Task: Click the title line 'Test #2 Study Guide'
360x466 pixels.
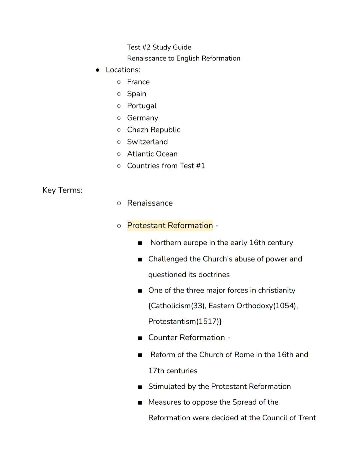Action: [159, 47]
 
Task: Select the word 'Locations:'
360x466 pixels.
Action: [123, 70]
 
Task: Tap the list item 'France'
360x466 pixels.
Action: [138, 82]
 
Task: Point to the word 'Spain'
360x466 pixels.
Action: [137, 94]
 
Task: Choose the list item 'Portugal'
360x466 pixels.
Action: [142, 106]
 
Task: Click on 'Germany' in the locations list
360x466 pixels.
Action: [143, 118]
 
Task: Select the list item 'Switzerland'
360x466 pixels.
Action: [147, 142]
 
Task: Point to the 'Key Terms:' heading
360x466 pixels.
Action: [62, 190]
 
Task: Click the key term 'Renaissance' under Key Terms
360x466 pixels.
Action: [150, 203]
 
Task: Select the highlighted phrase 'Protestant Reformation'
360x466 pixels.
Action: [170, 225]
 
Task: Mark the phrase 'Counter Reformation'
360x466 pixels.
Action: [187, 338]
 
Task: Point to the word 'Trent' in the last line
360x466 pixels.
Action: [307, 418]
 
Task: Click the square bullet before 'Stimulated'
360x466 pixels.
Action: [140, 387]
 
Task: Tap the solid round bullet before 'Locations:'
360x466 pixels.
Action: [98, 70]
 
